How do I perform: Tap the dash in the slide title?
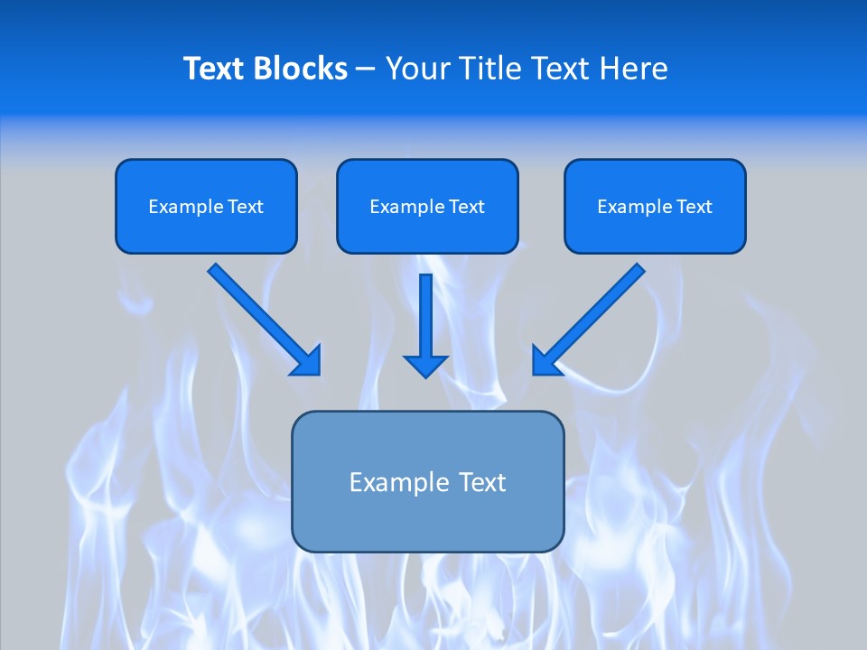[x=366, y=70]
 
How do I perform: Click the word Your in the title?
[x=416, y=69]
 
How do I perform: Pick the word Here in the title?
[x=635, y=69]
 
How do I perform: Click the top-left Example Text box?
[x=206, y=206]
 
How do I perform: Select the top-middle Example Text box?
[x=427, y=206]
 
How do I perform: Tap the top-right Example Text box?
[x=655, y=206]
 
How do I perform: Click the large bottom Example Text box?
[x=427, y=481]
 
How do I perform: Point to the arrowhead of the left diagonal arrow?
[x=307, y=361]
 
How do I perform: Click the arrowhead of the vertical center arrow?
[x=425, y=365]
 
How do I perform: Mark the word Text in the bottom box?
[x=482, y=482]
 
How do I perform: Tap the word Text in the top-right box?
[x=694, y=207]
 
